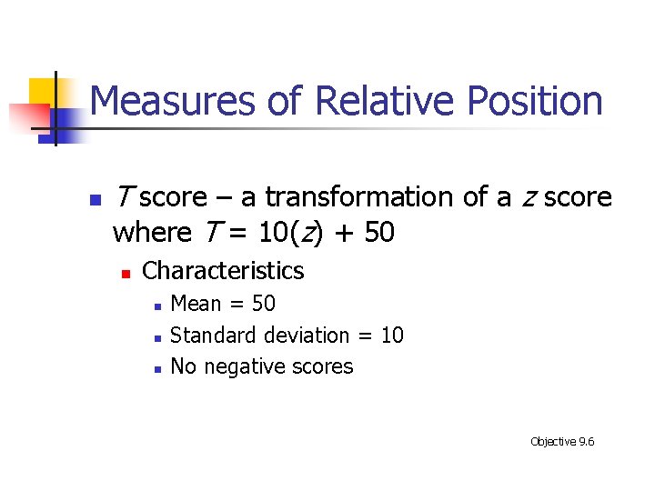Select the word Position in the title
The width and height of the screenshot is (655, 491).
[535, 101]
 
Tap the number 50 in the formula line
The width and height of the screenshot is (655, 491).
[378, 233]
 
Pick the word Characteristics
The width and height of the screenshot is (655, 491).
[223, 271]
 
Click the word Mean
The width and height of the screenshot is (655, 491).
[196, 304]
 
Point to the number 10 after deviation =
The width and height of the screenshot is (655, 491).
[392, 336]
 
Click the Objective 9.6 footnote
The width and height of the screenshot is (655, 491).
[562, 442]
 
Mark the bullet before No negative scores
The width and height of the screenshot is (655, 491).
[156, 369]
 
